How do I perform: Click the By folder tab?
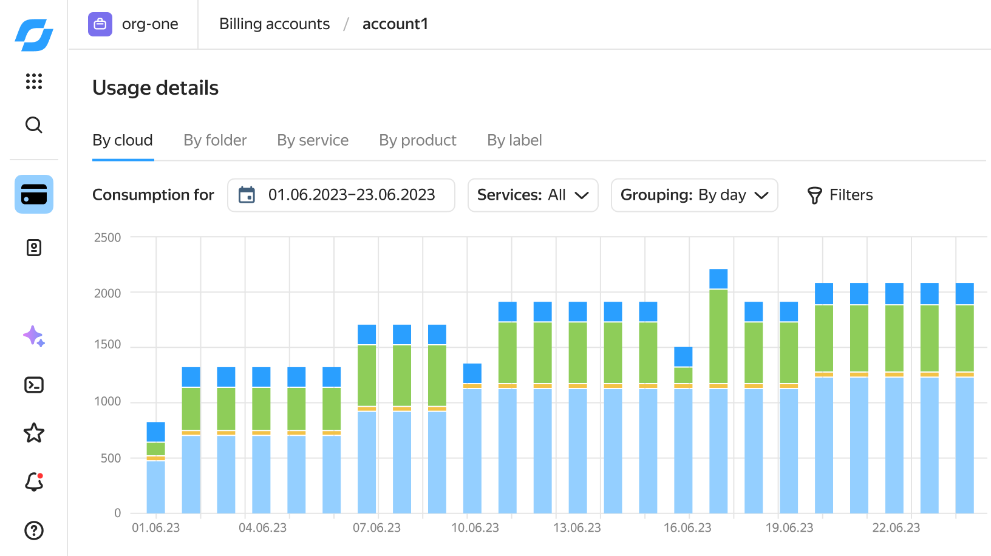tap(215, 140)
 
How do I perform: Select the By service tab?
tap(313, 140)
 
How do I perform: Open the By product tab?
tap(418, 140)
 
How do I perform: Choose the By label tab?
tap(514, 140)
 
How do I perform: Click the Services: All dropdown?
tap(533, 195)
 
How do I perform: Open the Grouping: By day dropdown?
tap(695, 195)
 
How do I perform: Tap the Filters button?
tap(840, 195)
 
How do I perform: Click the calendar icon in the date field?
tap(247, 195)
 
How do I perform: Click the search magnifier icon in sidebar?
tap(34, 125)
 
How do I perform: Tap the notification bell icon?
tap(34, 482)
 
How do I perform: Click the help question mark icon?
tap(34, 531)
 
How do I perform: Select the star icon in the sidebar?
tap(34, 433)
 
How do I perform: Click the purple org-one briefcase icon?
tap(100, 24)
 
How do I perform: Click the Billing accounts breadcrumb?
tap(274, 24)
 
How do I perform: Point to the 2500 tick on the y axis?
tap(107, 237)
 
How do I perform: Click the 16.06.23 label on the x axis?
tap(687, 527)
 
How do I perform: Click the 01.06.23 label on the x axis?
tap(155, 527)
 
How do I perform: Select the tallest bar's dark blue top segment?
tap(718, 279)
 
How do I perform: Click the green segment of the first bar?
tap(155, 449)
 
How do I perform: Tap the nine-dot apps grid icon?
tap(34, 81)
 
